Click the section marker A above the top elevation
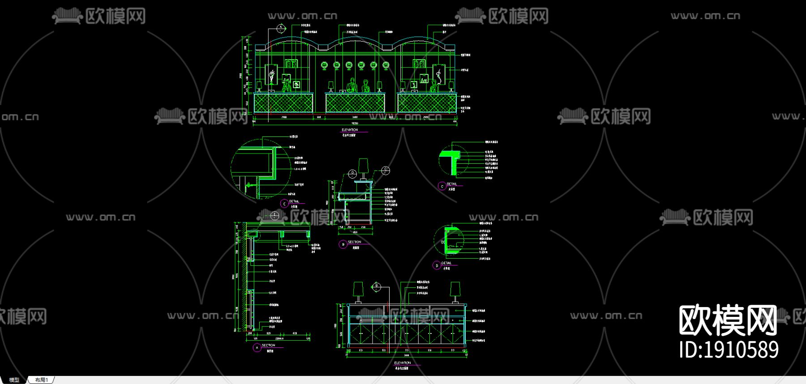(x=281, y=29)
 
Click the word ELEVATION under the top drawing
(x=350, y=130)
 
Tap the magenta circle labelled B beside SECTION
(x=343, y=244)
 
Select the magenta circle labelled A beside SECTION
(x=257, y=348)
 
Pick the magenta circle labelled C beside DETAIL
(x=442, y=186)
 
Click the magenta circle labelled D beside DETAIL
(x=437, y=265)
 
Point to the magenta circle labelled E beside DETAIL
(x=284, y=204)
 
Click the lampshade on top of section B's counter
(x=363, y=165)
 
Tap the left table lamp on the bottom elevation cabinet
(x=358, y=290)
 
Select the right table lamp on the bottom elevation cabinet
(x=455, y=290)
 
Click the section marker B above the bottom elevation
(x=377, y=286)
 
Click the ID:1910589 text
(x=729, y=350)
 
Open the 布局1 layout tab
(x=41, y=380)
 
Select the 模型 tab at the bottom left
(x=14, y=380)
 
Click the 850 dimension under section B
(x=355, y=232)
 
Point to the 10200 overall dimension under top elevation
(x=355, y=123)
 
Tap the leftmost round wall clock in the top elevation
(x=325, y=66)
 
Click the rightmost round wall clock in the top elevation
(x=386, y=66)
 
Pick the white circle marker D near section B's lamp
(x=352, y=173)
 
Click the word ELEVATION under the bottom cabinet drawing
(x=402, y=363)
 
